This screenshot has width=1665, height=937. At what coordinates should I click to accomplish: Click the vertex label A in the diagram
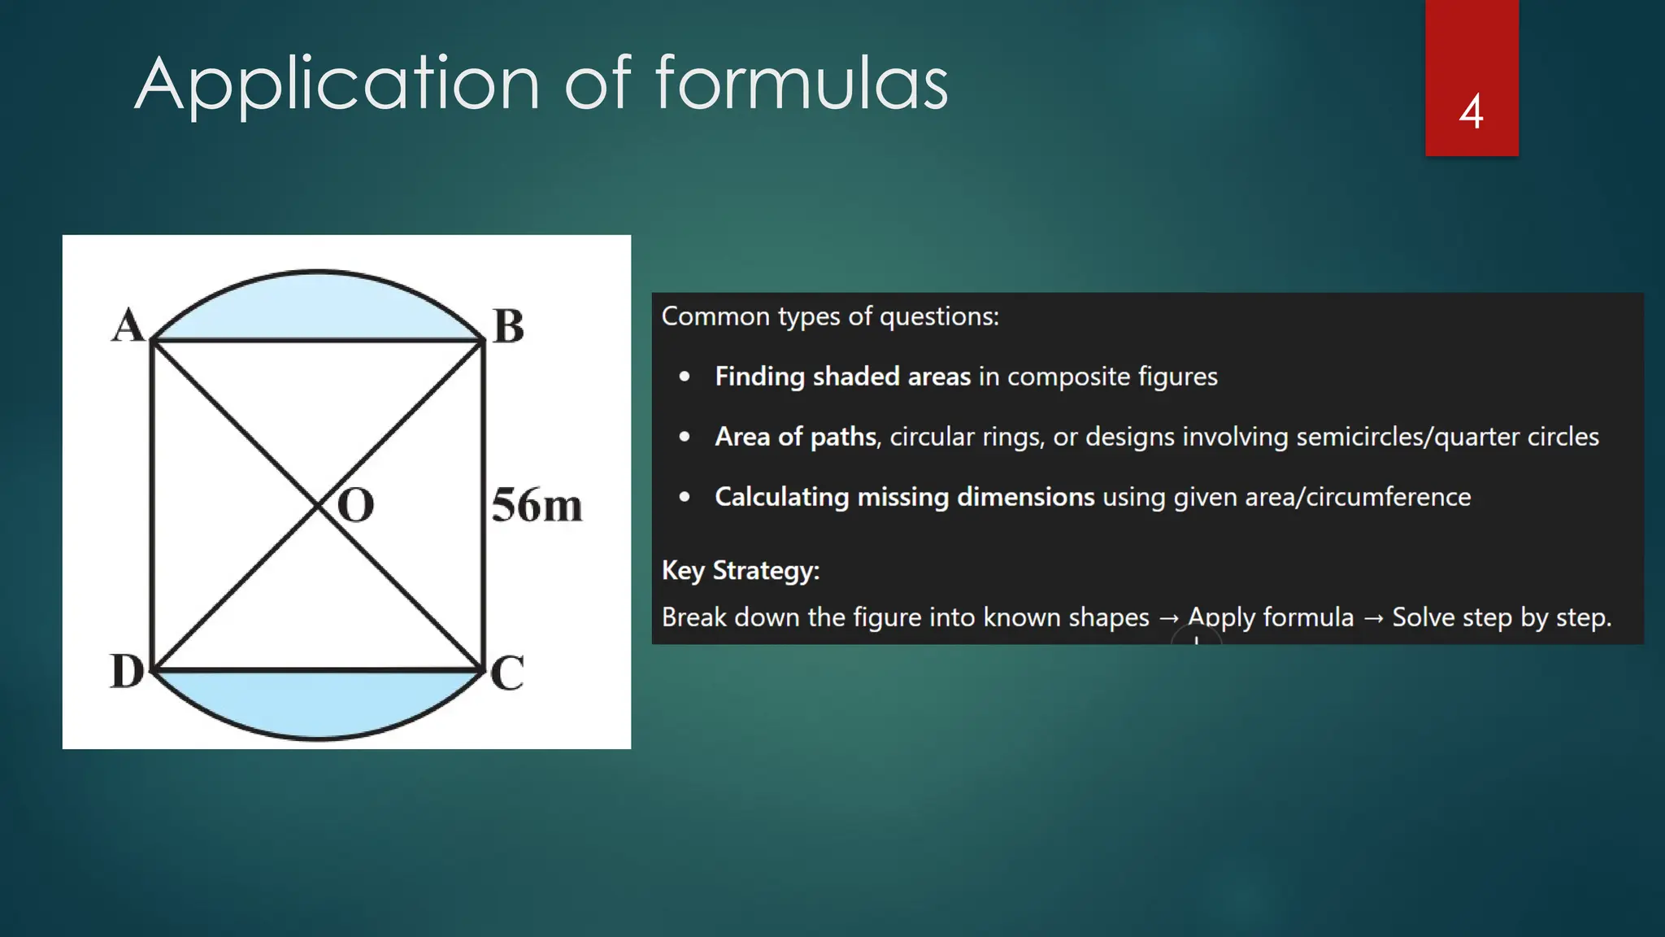(x=128, y=325)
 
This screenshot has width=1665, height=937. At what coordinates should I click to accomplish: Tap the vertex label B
(x=509, y=327)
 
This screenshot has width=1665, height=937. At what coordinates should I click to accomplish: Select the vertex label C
(x=507, y=673)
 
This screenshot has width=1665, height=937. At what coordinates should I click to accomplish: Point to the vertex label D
(x=127, y=672)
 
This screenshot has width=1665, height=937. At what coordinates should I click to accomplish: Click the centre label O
(x=355, y=506)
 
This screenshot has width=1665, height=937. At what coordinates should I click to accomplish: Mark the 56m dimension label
(x=537, y=505)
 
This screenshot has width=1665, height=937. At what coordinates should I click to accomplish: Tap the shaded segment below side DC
(x=317, y=701)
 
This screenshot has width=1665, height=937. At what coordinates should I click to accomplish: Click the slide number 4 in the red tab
(x=1471, y=111)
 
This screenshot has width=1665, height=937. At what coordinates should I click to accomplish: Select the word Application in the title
(x=337, y=85)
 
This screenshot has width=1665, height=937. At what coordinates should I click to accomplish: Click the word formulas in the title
(x=802, y=83)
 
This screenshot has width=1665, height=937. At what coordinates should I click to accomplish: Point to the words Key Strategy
(x=741, y=570)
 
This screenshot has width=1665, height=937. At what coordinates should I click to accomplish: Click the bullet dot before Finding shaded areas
(x=685, y=377)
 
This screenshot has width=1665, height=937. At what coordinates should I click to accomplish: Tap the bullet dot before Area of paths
(x=685, y=437)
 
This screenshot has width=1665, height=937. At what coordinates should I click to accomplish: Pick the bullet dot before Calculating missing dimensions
(x=685, y=497)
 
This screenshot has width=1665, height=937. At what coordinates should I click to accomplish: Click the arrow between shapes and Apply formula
(x=1168, y=618)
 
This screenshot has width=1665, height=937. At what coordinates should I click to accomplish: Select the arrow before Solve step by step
(x=1373, y=618)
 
